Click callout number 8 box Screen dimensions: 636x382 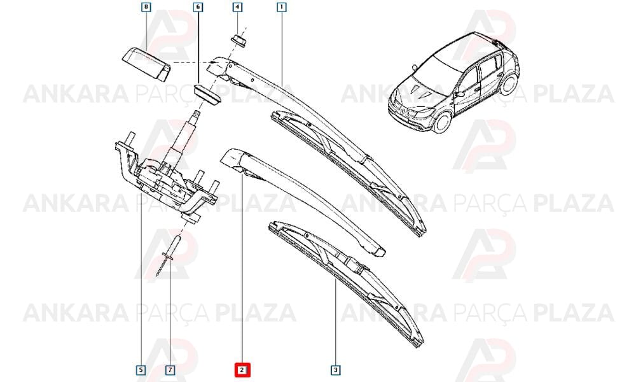pos(146,7)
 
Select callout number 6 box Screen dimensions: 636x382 pos(198,7)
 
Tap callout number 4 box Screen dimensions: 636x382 pos(238,7)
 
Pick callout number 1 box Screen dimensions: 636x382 pos(282,7)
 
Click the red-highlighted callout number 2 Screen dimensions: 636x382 pos(242,370)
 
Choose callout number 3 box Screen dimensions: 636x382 pos(335,370)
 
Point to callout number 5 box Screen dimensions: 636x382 pos(141,370)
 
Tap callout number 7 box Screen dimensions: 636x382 pos(170,370)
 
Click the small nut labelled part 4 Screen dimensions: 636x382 pos(239,41)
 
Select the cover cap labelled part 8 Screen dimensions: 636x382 pos(146,64)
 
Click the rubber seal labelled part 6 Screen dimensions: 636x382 pos(207,94)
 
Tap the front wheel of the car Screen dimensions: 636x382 pos(443,122)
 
